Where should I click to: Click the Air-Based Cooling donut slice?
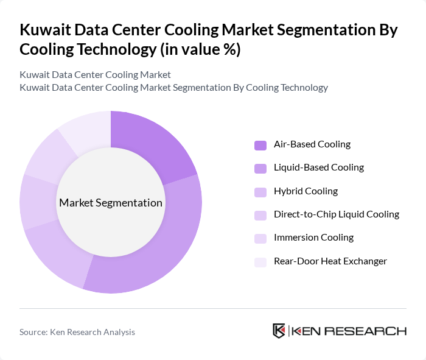coord(152,143)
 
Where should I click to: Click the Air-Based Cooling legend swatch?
coord(260,145)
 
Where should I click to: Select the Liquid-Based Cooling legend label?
coord(318,168)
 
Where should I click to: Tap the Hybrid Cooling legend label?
coord(306,191)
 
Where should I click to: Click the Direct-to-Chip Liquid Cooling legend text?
coord(337,214)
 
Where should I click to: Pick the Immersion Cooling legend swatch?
coord(260,238)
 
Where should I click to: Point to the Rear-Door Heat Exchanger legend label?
coord(330,261)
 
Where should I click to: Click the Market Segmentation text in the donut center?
coord(111,203)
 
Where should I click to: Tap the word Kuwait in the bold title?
coord(44,30)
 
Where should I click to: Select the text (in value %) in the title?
coord(200,50)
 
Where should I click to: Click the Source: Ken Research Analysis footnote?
coord(77,332)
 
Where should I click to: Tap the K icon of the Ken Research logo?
coord(279,331)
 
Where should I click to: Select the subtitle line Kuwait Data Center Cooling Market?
coord(95,75)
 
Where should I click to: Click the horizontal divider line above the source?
coord(213,308)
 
